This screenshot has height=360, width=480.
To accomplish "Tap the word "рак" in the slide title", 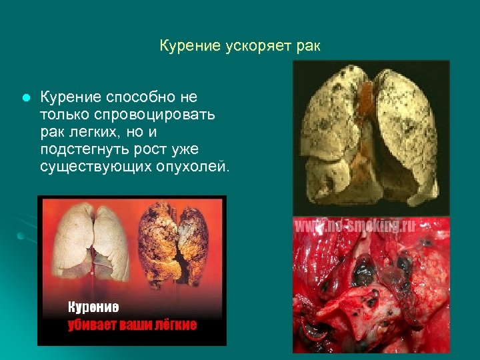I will point(309,46).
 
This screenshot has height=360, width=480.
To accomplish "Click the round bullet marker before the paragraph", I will point(24,97).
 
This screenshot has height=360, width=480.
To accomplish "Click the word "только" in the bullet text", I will point(64,114).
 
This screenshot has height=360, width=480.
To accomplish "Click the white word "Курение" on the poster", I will point(93,307).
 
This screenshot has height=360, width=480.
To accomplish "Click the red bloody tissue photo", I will point(371,293).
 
